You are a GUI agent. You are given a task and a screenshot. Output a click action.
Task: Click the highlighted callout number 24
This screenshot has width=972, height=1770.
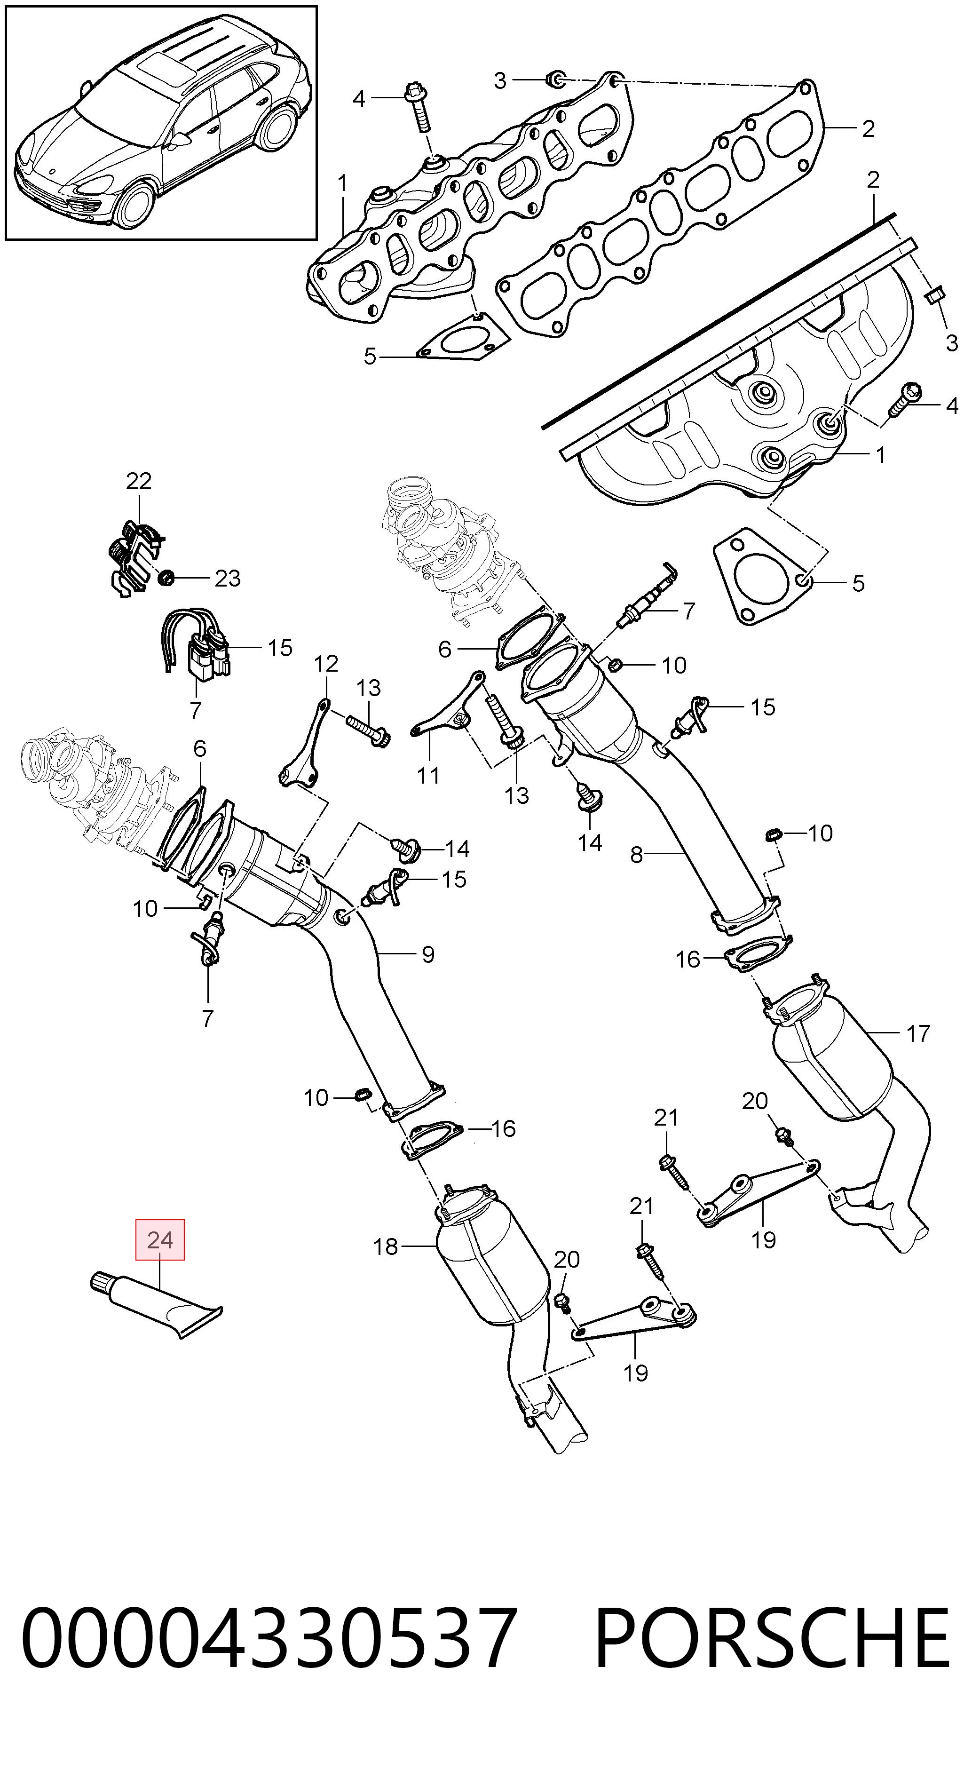tap(160, 1239)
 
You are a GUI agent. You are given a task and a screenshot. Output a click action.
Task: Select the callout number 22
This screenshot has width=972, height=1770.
tap(138, 481)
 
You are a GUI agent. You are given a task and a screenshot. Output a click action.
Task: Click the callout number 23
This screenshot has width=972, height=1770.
tap(228, 579)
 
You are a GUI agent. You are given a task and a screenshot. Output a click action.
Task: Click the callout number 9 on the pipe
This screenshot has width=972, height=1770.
tap(428, 954)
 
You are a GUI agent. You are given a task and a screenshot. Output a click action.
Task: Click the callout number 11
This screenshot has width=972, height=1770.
tap(428, 776)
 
